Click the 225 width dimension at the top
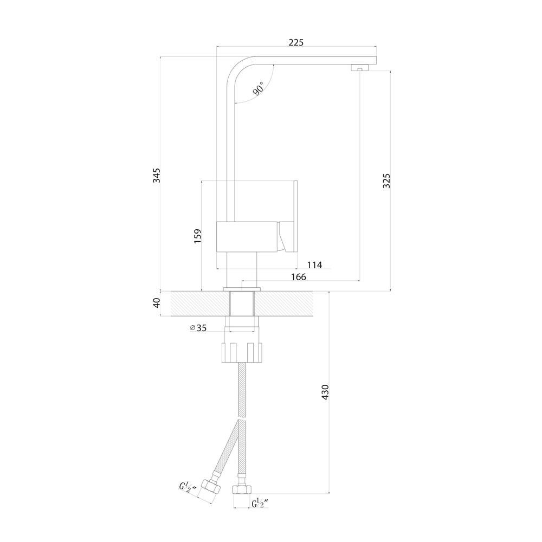click(296, 42)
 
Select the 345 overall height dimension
click(157, 175)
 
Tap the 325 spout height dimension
click(386, 180)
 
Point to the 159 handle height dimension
click(197, 236)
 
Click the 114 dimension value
click(314, 265)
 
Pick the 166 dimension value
click(299, 277)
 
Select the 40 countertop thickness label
click(157, 303)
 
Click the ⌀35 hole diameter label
click(198, 328)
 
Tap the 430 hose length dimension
click(325, 392)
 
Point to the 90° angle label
click(259, 88)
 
